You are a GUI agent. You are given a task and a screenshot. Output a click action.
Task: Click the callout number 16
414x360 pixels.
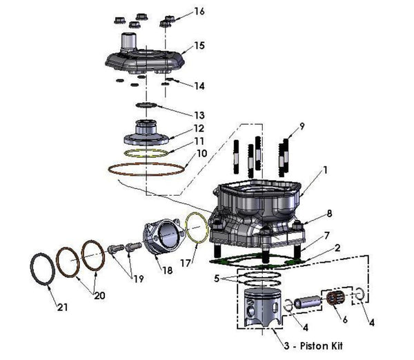pos(199,12)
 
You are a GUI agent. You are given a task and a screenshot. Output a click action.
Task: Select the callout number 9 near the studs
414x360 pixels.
pos(301,126)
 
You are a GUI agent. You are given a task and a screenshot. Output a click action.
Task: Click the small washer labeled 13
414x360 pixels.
pos(146,105)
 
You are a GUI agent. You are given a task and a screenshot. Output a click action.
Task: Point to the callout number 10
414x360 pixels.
pos(201,153)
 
